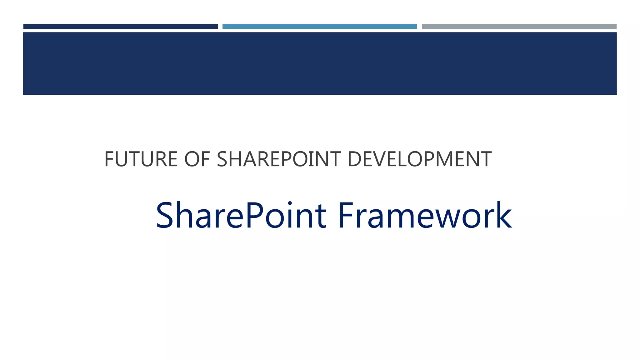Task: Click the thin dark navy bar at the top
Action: pyautogui.click(x=120, y=27)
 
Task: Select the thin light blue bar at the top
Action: pyautogui.click(x=319, y=27)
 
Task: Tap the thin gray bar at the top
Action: pyautogui.click(x=519, y=27)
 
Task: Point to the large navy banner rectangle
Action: pyautogui.click(x=320, y=63)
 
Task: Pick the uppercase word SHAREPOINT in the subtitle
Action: pyautogui.click(x=278, y=159)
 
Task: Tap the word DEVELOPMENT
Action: pyautogui.click(x=419, y=159)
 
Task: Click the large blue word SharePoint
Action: pyautogui.click(x=241, y=216)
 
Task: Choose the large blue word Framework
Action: pyautogui.click(x=425, y=216)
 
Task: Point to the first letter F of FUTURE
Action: pyautogui.click(x=109, y=159)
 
